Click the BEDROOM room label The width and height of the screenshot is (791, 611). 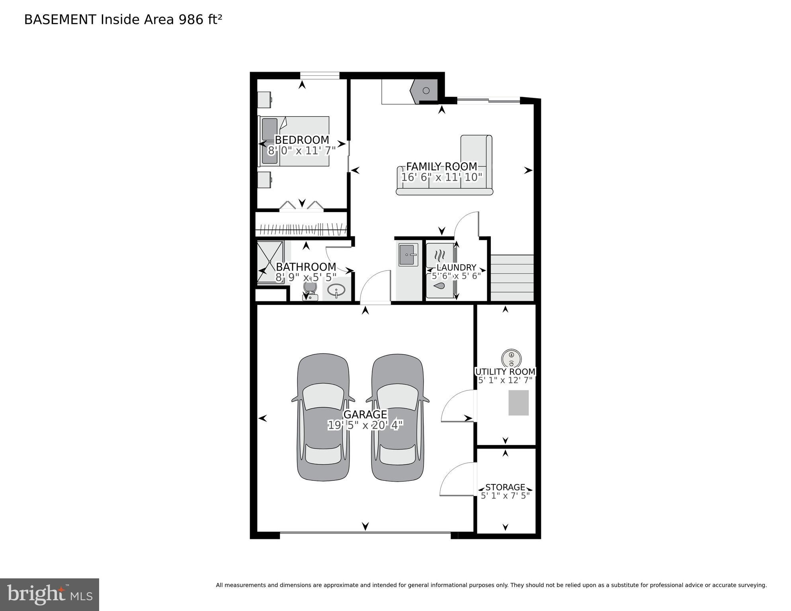point(302,140)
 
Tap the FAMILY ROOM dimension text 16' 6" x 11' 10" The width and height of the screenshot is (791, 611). point(441,177)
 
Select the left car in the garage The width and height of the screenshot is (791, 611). point(323,418)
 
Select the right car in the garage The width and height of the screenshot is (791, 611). point(397,418)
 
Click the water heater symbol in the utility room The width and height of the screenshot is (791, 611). point(511,358)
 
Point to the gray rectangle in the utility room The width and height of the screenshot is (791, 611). point(518,403)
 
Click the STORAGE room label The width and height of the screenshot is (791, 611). point(505,487)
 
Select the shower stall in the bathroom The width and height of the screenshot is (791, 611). point(270,262)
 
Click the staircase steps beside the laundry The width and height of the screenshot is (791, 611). point(512,278)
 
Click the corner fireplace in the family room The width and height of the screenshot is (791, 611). point(425,91)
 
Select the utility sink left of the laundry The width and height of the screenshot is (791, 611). point(408,255)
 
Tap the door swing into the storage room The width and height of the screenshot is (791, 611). point(458,480)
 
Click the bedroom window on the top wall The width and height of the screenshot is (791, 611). point(319,75)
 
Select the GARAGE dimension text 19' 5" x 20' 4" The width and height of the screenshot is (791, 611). point(365,425)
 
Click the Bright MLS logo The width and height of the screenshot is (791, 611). point(49,595)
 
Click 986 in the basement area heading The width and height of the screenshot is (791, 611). point(191,20)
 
